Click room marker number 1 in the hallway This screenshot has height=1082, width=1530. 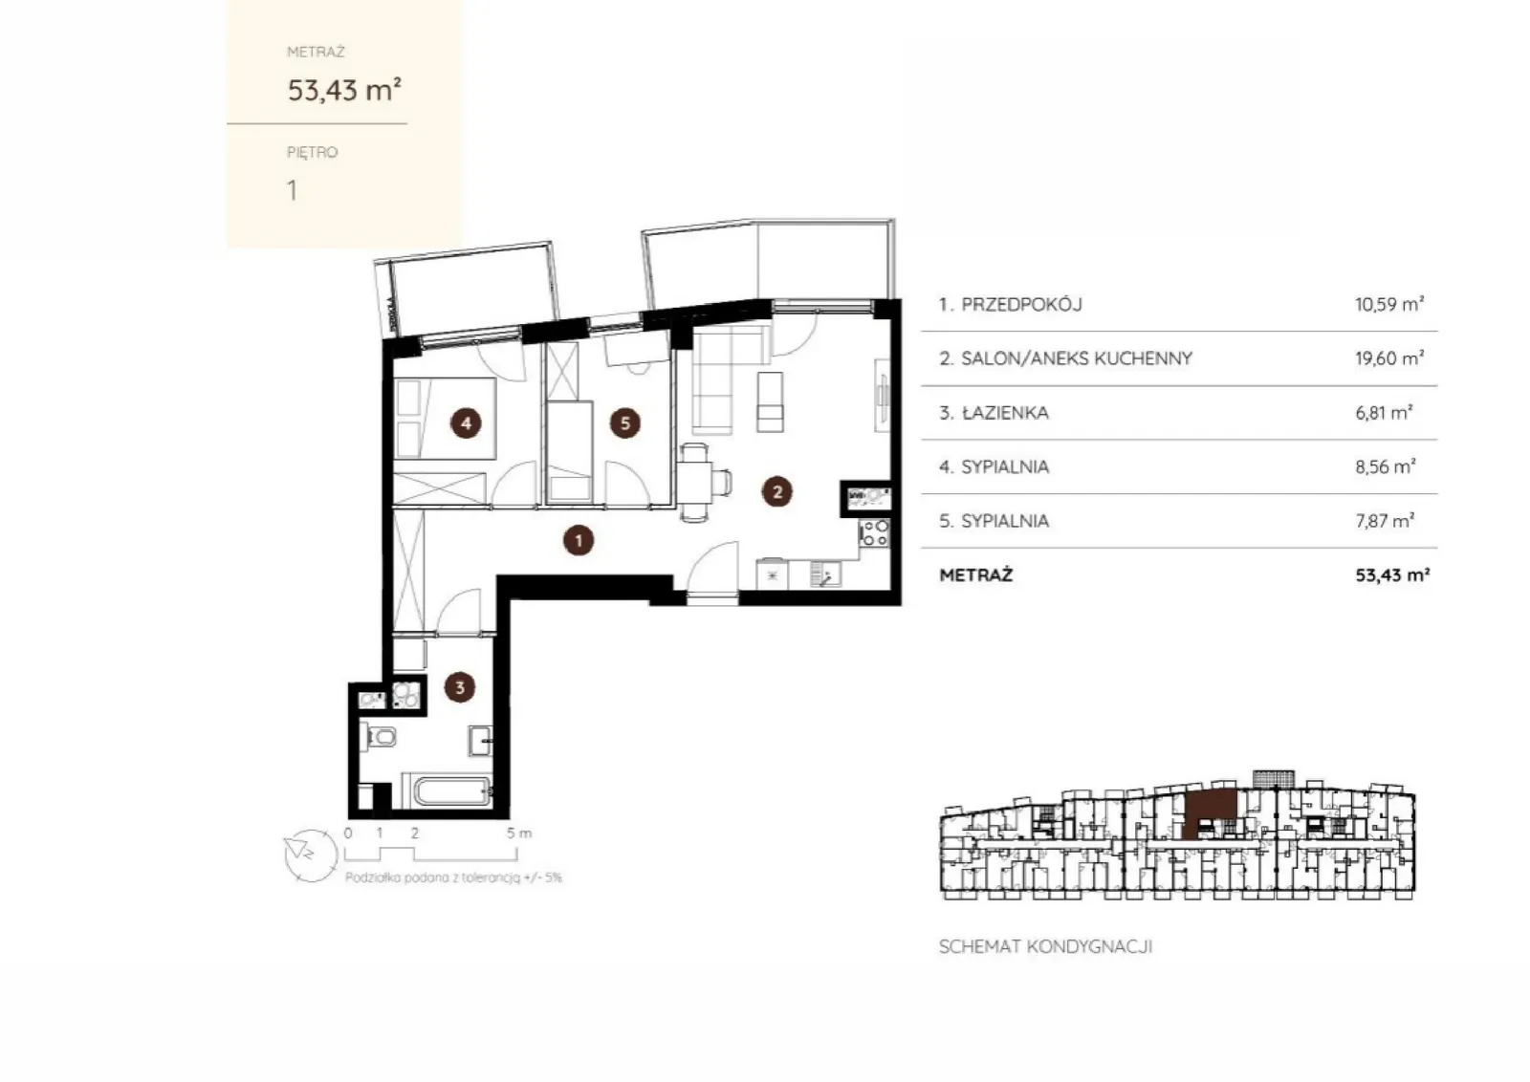tap(579, 541)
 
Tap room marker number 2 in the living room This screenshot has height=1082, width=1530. tap(776, 491)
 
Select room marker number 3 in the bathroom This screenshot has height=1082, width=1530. tap(460, 687)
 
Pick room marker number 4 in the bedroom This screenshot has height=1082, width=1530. tap(466, 423)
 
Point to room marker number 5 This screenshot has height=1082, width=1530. tap(625, 423)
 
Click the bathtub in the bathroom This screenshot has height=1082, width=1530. tap(453, 791)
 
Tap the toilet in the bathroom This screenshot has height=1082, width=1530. tap(379, 737)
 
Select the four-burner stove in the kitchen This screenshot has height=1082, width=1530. tap(875, 533)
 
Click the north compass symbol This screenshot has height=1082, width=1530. tap(311, 855)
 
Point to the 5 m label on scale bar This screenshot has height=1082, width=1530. tap(518, 833)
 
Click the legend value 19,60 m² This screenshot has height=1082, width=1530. tap(1389, 358)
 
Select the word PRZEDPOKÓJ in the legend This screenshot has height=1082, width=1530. tap(1022, 305)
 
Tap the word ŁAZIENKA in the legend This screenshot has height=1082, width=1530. tap(1005, 413)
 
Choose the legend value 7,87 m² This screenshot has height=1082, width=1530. tap(1385, 521)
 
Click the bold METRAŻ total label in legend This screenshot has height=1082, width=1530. tap(976, 574)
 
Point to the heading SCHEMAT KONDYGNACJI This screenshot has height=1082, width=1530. tap(1046, 947)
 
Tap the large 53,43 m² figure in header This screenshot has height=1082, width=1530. tap(344, 90)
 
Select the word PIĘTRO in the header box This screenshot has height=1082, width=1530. tap(312, 152)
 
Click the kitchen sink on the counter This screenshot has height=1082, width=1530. tap(825, 573)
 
